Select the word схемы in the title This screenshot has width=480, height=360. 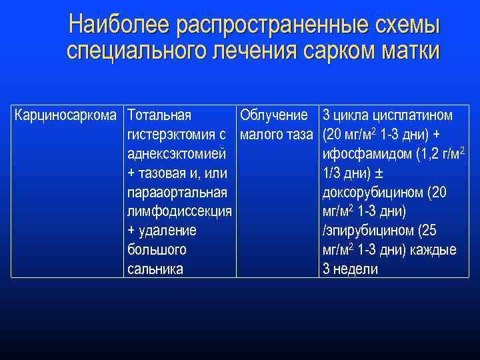(403, 25)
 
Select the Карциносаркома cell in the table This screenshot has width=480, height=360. (67, 115)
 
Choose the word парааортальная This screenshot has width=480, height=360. (177, 193)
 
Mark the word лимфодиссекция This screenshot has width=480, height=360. (179, 212)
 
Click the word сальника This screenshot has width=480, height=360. (155, 270)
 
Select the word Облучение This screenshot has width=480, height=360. (273, 115)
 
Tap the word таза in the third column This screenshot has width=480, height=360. (299, 135)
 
